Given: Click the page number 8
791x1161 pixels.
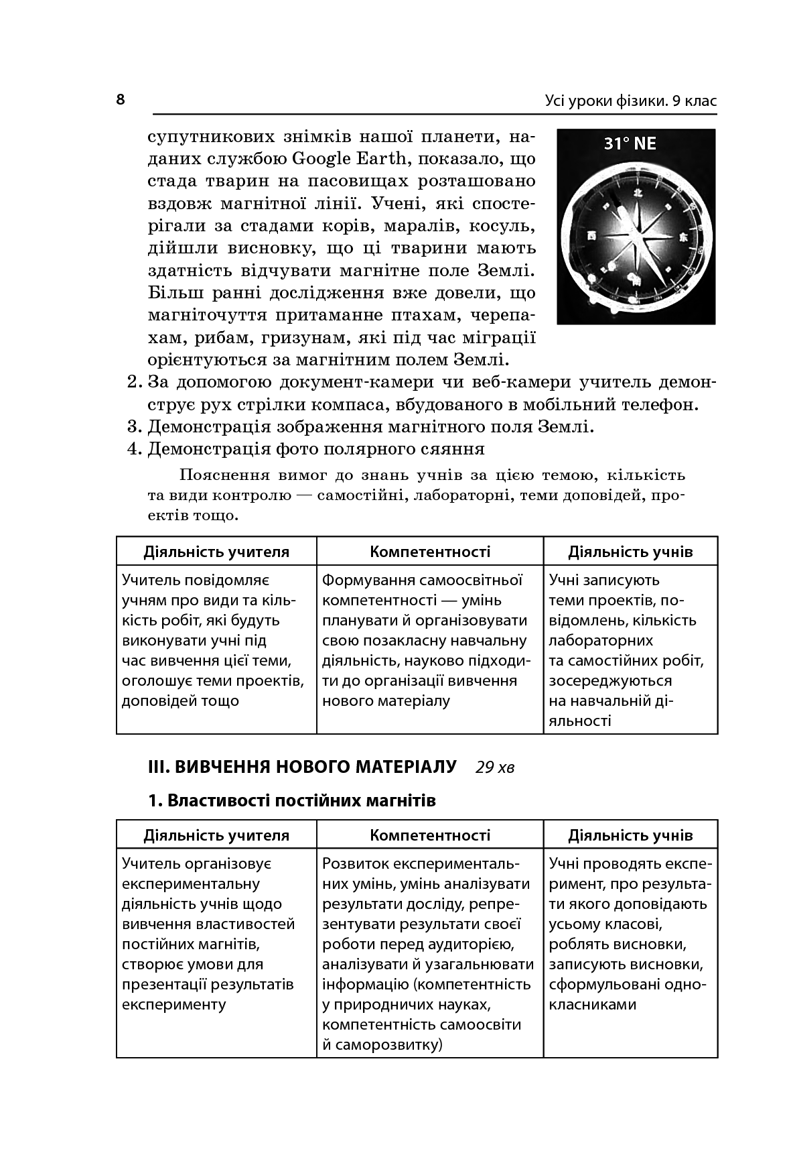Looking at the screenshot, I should [x=121, y=100].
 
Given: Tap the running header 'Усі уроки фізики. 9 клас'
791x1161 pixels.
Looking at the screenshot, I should [x=630, y=101].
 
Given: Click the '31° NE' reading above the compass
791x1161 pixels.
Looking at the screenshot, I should [x=630, y=143].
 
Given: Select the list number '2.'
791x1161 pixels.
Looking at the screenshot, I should [x=135, y=383].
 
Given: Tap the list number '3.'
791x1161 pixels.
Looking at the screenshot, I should [x=135, y=427].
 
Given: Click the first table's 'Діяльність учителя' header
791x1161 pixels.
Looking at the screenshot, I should [x=216, y=552].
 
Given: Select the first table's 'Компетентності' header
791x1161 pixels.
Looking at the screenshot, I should [x=430, y=552].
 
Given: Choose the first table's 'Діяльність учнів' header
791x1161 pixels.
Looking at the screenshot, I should [x=630, y=552].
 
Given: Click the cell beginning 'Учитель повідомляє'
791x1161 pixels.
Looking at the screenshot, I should [x=213, y=640].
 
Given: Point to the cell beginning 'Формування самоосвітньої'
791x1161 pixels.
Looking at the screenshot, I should [x=427, y=640].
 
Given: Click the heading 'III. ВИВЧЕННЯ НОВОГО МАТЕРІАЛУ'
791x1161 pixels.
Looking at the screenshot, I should [x=302, y=766].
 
